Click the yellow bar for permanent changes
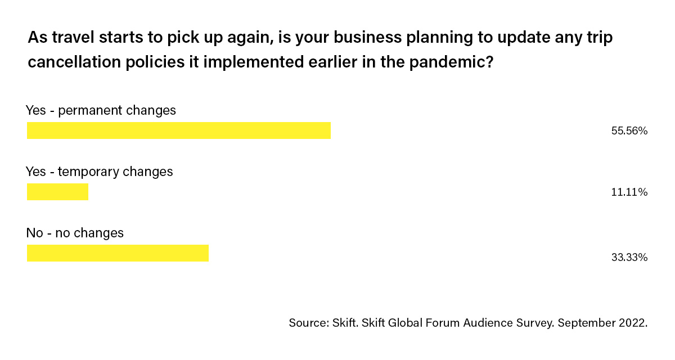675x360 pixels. point(179,130)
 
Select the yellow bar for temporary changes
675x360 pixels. point(57,192)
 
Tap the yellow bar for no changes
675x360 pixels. point(118,253)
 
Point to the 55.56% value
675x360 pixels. point(629,130)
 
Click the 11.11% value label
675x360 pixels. point(629,192)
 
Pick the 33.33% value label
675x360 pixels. point(629,257)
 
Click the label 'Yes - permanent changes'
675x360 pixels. point(101,111)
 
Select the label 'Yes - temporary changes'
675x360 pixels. point(99,172)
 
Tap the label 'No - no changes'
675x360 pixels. point(75,233)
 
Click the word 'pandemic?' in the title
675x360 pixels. point(451,62)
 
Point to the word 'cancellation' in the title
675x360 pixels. point(74,62)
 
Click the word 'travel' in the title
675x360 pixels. point(73,37)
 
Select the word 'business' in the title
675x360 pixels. point(367,37)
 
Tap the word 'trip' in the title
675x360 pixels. point(600,38)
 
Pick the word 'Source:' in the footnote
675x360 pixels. point(309,323)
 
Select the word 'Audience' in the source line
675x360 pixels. point(488,323)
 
